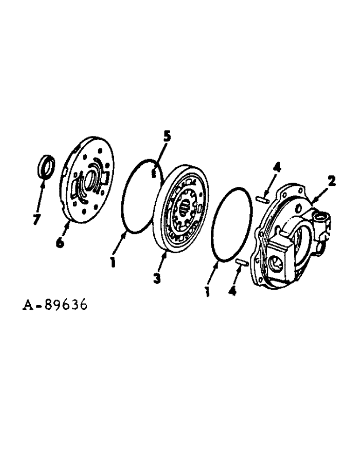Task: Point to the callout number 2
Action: pyautogui.click(x=331, y=180)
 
